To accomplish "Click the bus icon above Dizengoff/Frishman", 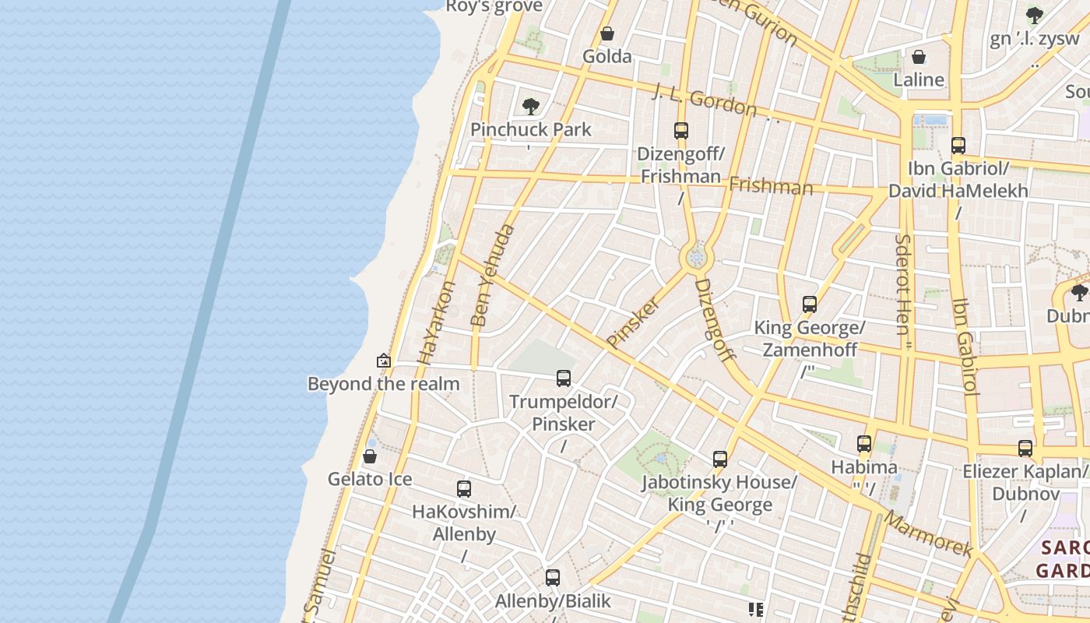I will click(681, 131).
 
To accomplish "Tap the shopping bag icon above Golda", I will click(607, 33).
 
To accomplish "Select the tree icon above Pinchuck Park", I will click(531, 106).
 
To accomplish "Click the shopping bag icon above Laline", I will click(919, 57).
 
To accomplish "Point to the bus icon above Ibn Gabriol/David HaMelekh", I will click(958, 146).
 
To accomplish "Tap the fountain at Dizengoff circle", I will click(696, 258).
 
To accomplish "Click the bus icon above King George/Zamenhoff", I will click(810, 304).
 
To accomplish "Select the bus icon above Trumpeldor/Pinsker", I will click(564, 379).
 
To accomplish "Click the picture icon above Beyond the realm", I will click(383, 361).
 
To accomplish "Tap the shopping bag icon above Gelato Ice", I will click(370, 456).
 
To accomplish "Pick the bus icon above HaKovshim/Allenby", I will click(464, 489).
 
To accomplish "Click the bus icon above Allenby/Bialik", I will click(553, 578).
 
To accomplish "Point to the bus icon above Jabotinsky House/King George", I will click(720, 459).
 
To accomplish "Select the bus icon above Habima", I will click(864, 444).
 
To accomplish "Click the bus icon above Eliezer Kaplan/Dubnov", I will click(1025, 449).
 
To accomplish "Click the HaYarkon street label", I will click(436, 323).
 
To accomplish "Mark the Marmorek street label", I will click(929, 534).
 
